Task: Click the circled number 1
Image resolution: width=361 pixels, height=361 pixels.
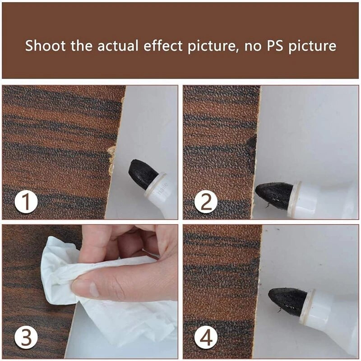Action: point(26,202)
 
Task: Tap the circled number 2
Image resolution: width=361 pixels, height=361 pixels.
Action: point(206,202)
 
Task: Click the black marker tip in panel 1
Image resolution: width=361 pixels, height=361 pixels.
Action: point(142,173)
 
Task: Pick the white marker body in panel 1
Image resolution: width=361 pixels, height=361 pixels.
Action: point(162,194)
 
